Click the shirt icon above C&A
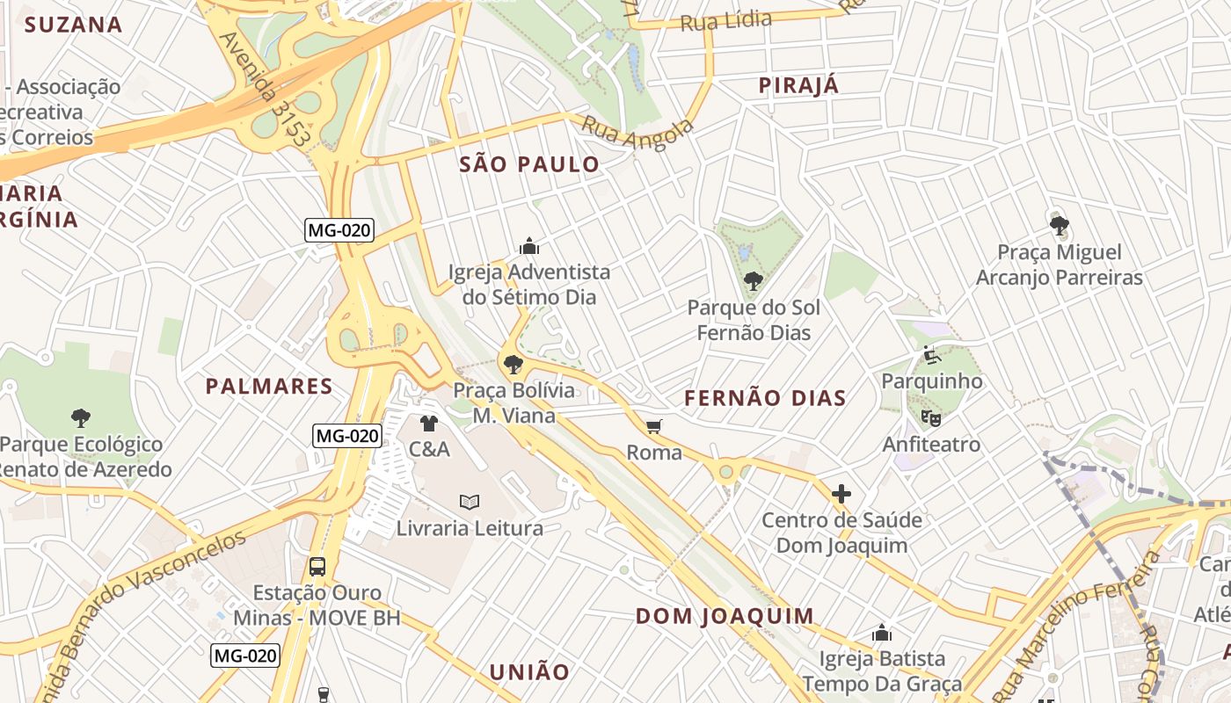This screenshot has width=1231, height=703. [x=428, y=424]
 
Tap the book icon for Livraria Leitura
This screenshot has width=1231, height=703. [x=470, y=502]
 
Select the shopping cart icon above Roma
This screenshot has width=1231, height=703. [x=653, y=427]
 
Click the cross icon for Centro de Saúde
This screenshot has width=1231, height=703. [x=841, y=494]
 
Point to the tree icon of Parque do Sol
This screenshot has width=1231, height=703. [x=753, y=281]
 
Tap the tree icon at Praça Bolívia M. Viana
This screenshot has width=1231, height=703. [x=513, y=364]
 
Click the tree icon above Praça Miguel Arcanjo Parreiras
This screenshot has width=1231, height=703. [x=1060, y=226]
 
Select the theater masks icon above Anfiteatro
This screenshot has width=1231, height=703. [x=930, y=418]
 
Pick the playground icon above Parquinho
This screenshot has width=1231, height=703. [x=932, y=356]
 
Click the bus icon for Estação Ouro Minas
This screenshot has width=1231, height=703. [x=317, y=567]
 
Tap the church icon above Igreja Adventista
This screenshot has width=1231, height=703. [x=529, y=245]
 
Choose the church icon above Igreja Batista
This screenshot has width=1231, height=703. [x=882, y=633]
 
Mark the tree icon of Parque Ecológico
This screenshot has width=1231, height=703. [x=81, y=417]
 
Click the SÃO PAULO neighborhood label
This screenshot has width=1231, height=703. [x=529, y=164]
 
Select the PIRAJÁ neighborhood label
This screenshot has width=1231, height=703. [x=798, y=85]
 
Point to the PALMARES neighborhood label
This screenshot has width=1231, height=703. [x=269, y=387]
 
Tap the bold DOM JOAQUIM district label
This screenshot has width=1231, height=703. [x=725, y=616]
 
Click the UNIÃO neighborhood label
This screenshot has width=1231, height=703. [x=529, y=672]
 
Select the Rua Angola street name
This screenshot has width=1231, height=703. [x=637, y=133]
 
